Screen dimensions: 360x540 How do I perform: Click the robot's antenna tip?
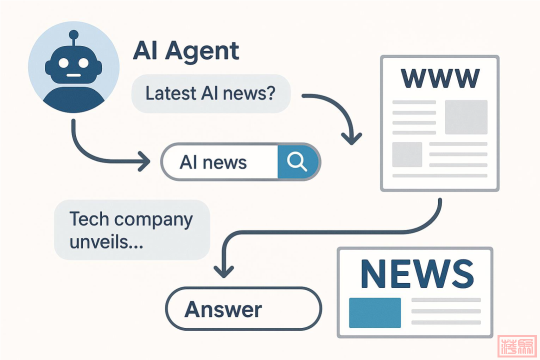[73, 34]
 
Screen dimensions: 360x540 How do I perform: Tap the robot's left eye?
[64, 63]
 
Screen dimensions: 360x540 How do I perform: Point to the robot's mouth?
[73, 76]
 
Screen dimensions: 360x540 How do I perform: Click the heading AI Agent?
[186, 51]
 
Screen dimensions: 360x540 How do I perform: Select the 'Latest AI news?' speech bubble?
[210, 93]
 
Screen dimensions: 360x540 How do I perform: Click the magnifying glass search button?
[297, 161]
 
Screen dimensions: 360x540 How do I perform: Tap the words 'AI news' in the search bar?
[213, 162]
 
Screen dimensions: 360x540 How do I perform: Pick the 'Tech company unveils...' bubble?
[131, 230]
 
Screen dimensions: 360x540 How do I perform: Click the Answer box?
[223, 309]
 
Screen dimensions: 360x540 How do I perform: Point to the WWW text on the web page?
[439, 78]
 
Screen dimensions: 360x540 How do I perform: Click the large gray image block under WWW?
[466, 117]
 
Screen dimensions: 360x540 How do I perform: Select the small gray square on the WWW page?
[407, 154]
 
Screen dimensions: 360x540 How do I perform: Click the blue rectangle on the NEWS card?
[374, 312]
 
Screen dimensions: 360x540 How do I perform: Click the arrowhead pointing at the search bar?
[145, 162]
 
